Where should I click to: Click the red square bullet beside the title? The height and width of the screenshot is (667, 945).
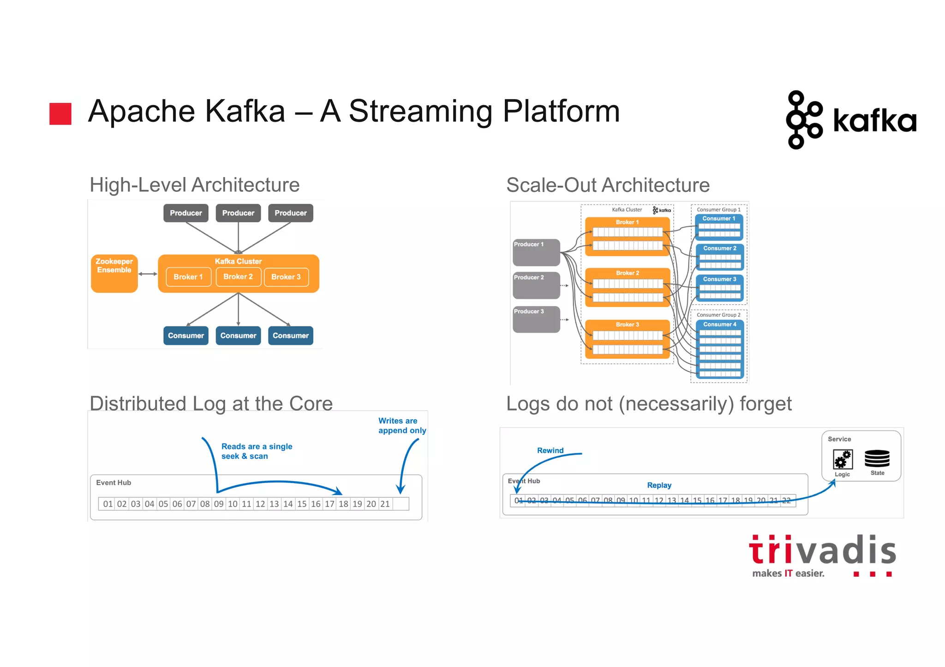60,113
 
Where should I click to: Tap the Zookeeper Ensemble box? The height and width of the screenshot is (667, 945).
114,273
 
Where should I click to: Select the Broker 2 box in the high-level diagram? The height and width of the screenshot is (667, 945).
238,277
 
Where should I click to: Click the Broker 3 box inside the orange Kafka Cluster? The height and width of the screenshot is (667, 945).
286,277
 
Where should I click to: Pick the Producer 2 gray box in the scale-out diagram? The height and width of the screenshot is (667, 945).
536,285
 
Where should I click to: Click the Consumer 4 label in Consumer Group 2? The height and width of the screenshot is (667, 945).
719,325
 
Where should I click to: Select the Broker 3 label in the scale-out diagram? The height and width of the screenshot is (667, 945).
627,325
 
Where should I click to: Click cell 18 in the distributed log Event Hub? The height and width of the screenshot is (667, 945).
343,504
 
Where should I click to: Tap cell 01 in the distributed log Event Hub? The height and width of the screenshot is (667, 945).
108,504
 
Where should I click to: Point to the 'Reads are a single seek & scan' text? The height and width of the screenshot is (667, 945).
257,451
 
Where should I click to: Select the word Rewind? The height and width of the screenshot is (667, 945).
550,450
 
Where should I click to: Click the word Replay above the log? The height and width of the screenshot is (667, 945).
659,485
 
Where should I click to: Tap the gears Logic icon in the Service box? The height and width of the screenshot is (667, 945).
843,460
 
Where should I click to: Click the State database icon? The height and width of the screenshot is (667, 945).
877,459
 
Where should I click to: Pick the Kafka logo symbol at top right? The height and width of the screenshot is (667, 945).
803,120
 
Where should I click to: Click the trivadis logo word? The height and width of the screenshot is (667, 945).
822,550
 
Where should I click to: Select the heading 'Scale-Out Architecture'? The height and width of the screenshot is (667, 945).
608,185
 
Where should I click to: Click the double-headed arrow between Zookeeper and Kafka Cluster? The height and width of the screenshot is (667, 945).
148,274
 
